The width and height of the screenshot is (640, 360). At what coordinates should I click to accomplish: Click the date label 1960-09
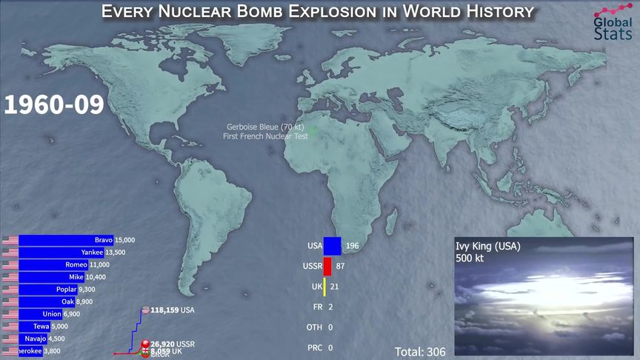click(x=53, y=104)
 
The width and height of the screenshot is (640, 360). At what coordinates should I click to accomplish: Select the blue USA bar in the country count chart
click(x=332, y=246)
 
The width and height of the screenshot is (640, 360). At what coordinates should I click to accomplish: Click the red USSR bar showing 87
click(x=327, y=266)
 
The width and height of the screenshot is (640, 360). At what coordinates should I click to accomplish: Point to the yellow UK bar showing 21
click(x=324, y=287)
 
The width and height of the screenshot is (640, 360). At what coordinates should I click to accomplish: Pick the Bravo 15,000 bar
click(x=65, y=240)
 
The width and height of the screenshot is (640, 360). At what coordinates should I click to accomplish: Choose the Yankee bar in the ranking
click(x=61, y=253)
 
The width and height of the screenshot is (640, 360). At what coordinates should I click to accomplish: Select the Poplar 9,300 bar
click(x=47, y=289)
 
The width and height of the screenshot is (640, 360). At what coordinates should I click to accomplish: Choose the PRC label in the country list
click(x=314, y=347)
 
